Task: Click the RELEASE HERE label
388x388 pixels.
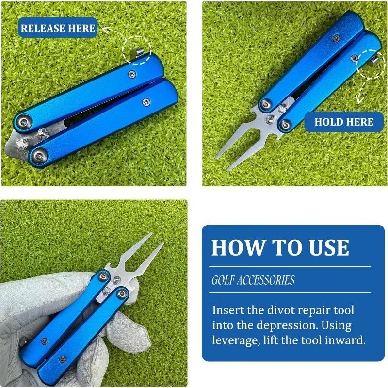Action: click(58, 28)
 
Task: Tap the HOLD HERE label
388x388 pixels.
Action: click(344, 122)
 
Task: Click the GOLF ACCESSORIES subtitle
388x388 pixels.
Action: click(253, 280)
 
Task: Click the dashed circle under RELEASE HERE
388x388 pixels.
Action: click(137, 51)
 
